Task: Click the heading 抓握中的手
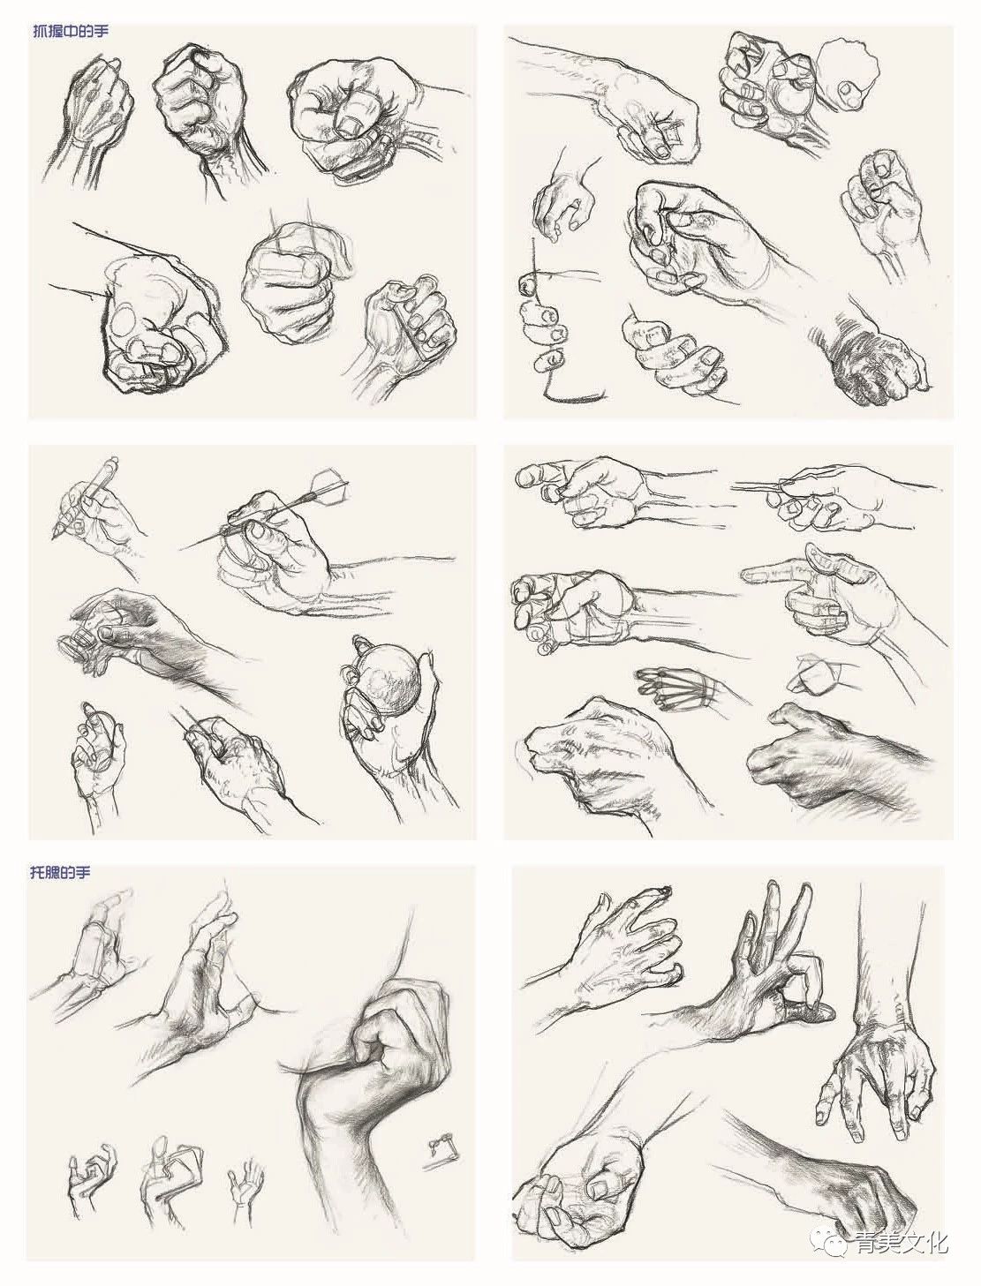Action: click(71, 31)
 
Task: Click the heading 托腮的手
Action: click(60, 872)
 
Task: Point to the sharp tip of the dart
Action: click(180, 549)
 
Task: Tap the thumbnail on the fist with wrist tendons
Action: click(351, 124)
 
